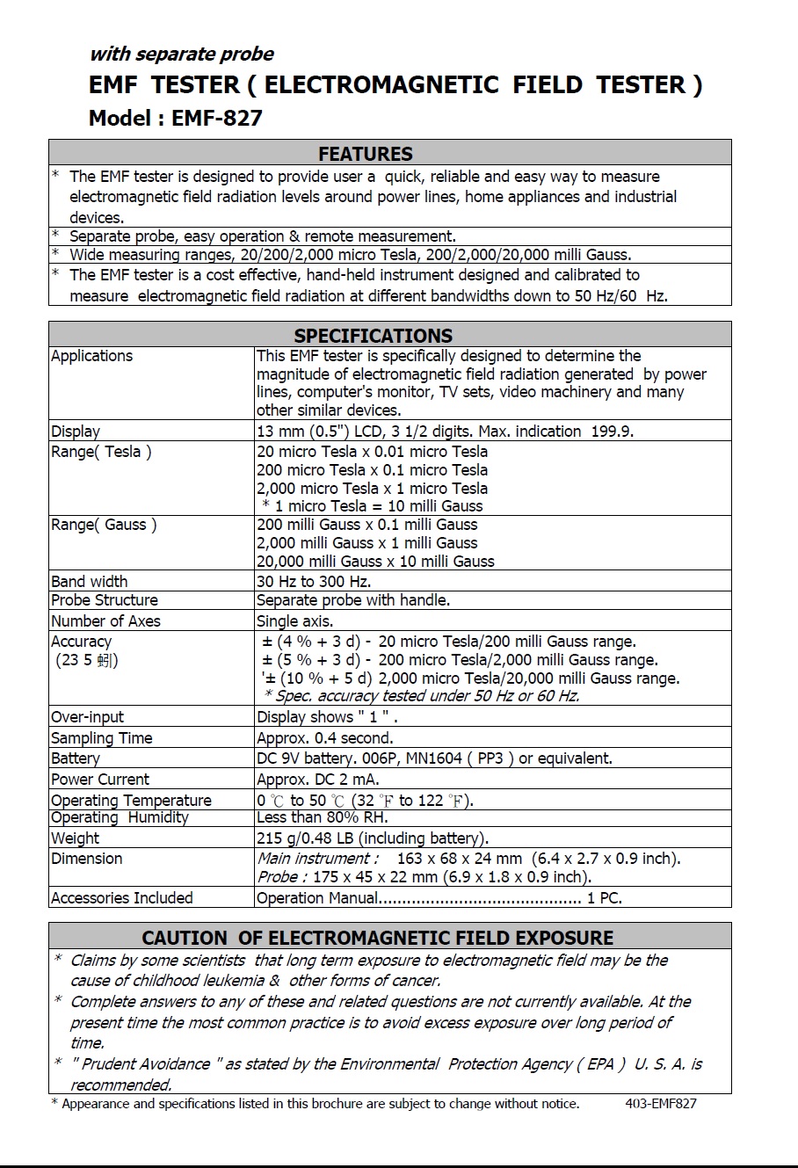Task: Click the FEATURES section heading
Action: point(365,154)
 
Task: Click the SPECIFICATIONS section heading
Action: point(373,336)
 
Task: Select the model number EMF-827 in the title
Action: point(217,118)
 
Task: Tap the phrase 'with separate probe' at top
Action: point(181,54)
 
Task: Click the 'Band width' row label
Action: point(89,582)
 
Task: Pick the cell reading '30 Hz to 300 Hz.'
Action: point(314,582)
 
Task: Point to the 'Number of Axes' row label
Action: point(105,620)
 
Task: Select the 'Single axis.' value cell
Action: point(294,620)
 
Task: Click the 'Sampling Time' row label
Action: point(101,738)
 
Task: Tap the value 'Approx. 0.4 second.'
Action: point(324,738)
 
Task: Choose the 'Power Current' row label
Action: point(100,780)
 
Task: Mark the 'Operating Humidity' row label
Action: point(120,817)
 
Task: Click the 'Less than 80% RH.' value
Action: point(322,817)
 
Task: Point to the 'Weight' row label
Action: point(75,838)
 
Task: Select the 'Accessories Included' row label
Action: point(121,898)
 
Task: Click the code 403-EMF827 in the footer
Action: point(661,1104)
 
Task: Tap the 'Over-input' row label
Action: point(87,717)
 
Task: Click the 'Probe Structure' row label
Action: point(104,600)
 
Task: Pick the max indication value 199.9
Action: point(610,432)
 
